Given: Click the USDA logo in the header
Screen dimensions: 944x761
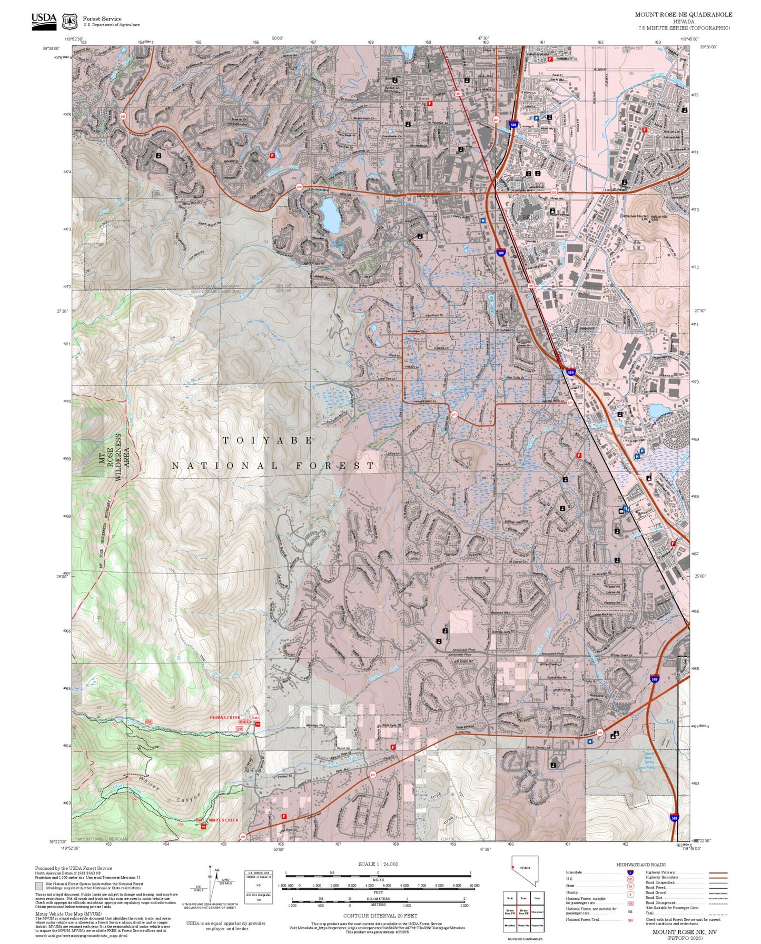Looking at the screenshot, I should (44, 21).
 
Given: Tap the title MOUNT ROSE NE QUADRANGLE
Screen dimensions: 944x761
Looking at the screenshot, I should (683, 14).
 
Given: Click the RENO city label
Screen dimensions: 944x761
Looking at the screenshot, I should (528, 217).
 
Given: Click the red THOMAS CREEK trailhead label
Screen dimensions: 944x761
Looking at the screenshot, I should (224, 718).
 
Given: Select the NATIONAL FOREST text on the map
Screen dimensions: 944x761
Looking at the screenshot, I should (273, 466).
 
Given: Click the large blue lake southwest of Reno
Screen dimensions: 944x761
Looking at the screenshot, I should (329, 215).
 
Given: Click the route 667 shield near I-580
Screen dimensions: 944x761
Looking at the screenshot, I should (496, 119).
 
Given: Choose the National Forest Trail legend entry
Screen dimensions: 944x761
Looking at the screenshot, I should (584, 919).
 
